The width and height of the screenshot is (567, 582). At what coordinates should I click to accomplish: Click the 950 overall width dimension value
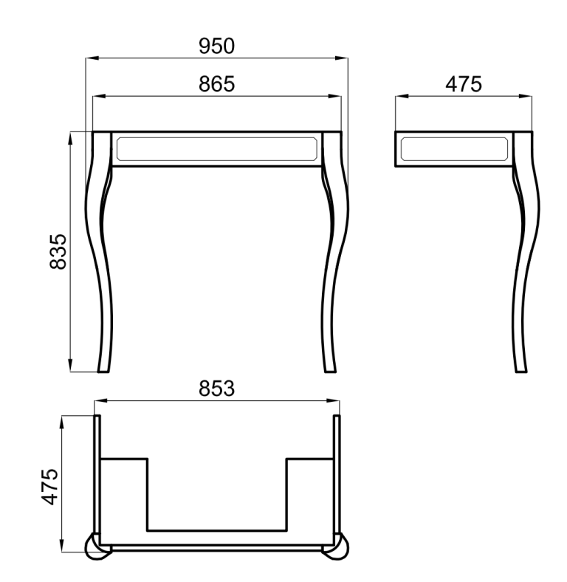coord(216,47)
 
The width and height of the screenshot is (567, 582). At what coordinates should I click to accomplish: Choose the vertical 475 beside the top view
coord(50,486)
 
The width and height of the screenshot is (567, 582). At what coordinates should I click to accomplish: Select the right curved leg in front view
coord(334,251)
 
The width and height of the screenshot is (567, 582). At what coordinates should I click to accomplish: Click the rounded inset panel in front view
coord(216,148)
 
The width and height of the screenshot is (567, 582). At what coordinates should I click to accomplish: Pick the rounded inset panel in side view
coord(454,148)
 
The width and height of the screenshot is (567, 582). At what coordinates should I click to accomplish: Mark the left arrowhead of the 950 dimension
coord(89,59)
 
